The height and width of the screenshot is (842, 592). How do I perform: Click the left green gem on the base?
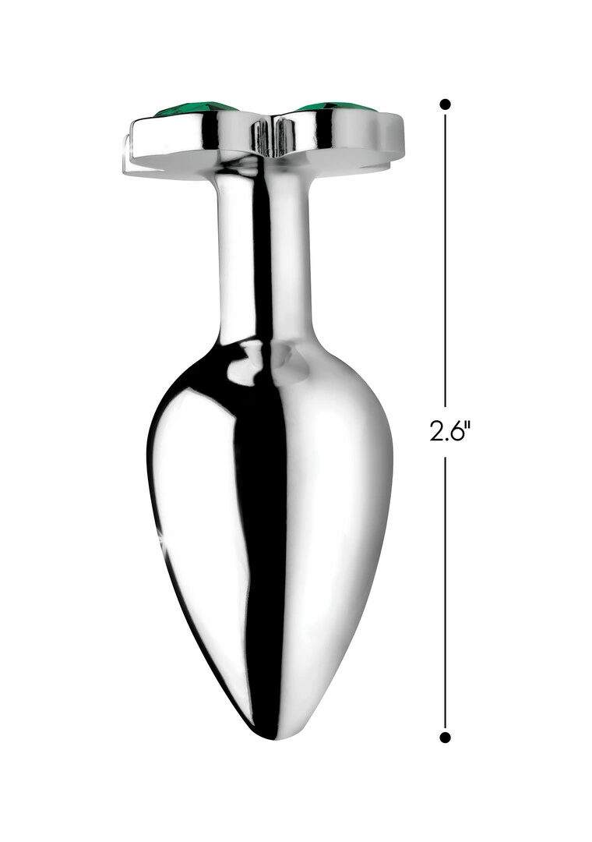point(196,110)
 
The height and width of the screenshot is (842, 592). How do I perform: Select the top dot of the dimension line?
point(445,104)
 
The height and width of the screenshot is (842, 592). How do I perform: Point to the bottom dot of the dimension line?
point(445,738)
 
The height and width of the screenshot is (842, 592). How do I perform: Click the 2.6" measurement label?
point(449,430)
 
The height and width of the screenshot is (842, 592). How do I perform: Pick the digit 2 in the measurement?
point(436,431)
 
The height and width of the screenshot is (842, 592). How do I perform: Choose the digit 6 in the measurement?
point(456,431)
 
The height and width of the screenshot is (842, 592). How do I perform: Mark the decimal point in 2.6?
point(446,439)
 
